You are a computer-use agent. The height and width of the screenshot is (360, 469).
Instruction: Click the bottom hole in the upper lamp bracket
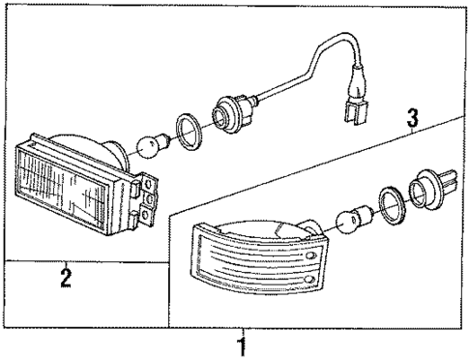tap(148, 215)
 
